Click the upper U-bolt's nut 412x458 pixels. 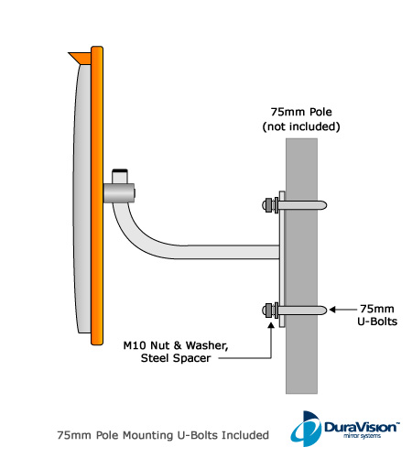tap(268, 205)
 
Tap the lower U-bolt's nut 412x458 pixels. tap(268, 311)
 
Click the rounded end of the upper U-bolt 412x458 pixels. tap(323, 205)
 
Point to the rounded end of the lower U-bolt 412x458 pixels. tap(323, 311)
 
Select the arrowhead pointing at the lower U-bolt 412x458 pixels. tap(332, 310)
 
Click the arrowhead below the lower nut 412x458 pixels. tap(271, 325)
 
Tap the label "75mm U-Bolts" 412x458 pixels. tap(377, 315)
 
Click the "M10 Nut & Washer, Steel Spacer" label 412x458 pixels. tap(176, 352)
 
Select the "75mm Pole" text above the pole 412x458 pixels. tap(301, 112)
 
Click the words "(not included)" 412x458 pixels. tap(301, 126)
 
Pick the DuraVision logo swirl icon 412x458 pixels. tap(306, 429)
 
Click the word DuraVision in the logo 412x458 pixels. tap(362, 427)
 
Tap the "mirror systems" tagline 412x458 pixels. tap(362, 436)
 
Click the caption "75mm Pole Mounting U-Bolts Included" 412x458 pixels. tap(163, 435)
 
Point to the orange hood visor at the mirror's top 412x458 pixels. tap(81, 58)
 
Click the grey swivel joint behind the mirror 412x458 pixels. tap(119, 193)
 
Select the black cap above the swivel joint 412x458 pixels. tap(120, 170)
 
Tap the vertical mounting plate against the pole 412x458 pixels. tap(282, 259)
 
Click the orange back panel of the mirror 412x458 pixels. tap(97, 195)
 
